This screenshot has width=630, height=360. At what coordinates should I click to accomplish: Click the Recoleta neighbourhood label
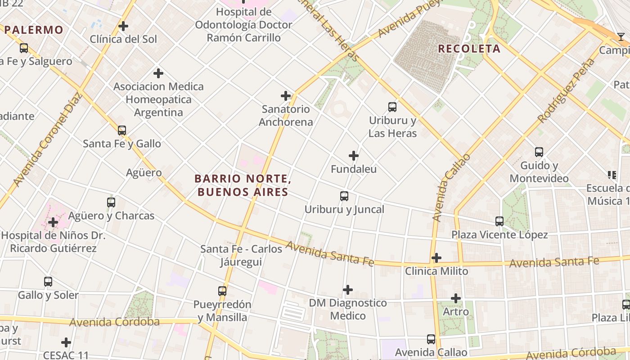pyautogui.click(x=469, y=49)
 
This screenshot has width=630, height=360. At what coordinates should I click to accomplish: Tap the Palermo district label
pyautogui.click(x=34, y=30)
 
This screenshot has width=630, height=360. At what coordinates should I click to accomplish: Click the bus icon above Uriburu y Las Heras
pyautogui.click(x=392, y=107)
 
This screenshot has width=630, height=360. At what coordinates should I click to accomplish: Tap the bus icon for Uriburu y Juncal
pyautogui.click(x=344, y=196)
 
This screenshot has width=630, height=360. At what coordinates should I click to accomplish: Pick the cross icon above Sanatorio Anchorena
pyautogui.click(x=286, y=96)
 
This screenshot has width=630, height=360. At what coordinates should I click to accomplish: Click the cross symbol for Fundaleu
pyautogui.click(x=354, y=156)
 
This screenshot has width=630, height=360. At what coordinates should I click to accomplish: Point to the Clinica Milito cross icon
pyautogui.click(x=436, y=258)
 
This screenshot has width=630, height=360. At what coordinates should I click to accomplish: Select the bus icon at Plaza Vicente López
pyautogui.click(x=499, y=221)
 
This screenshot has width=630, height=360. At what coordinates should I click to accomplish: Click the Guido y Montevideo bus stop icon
pyautogui.click(x=539, y=152)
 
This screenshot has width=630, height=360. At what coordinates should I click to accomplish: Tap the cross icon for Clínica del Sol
pyautogui.click(x=123, y=26)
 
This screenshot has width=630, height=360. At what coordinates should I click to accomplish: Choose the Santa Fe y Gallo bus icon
pyautogui.click(x=122, y=130)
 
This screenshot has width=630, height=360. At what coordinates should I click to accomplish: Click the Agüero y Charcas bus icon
pyautogui.click(x=111, y=202)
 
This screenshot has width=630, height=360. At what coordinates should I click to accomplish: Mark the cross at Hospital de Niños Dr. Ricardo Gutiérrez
pyautogui.click(x=53, y=222)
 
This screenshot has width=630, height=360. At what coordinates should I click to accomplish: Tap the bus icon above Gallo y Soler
pyautogui.click(x=48, y=282)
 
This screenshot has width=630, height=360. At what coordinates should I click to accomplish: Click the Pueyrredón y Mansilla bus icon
pyautogui.click(x=222, y=291)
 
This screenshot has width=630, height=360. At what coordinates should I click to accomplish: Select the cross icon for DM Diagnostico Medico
pyautogui.click(x=348, y=290)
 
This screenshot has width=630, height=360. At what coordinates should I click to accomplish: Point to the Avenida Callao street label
pyautogui.click(x=450, y=188)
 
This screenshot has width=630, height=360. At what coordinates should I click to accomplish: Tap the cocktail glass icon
pyautogui.click(x=621, y=37)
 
